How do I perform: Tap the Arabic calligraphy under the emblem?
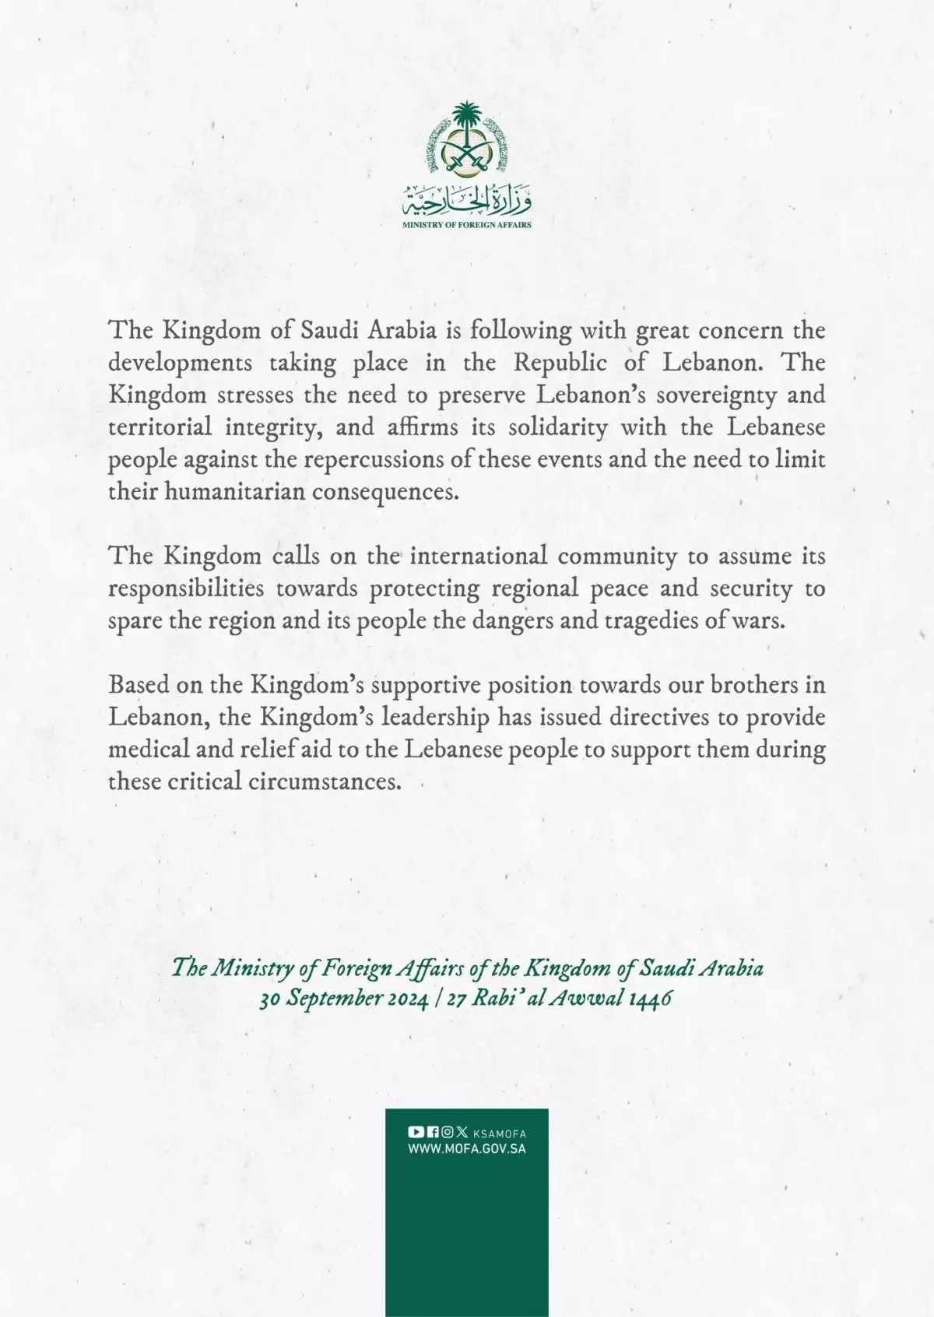tap(467, 201)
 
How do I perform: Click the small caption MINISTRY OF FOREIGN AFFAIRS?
tap(467, 225)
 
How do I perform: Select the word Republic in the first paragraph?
tap(560, 363)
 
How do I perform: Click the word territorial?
tap(160, 427)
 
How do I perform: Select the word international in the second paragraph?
tap(479, 556)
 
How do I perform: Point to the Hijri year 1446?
tap(650, 999)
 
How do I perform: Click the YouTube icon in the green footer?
tap(416, 1133)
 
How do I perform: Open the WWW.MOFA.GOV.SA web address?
tap(467, 1149)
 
